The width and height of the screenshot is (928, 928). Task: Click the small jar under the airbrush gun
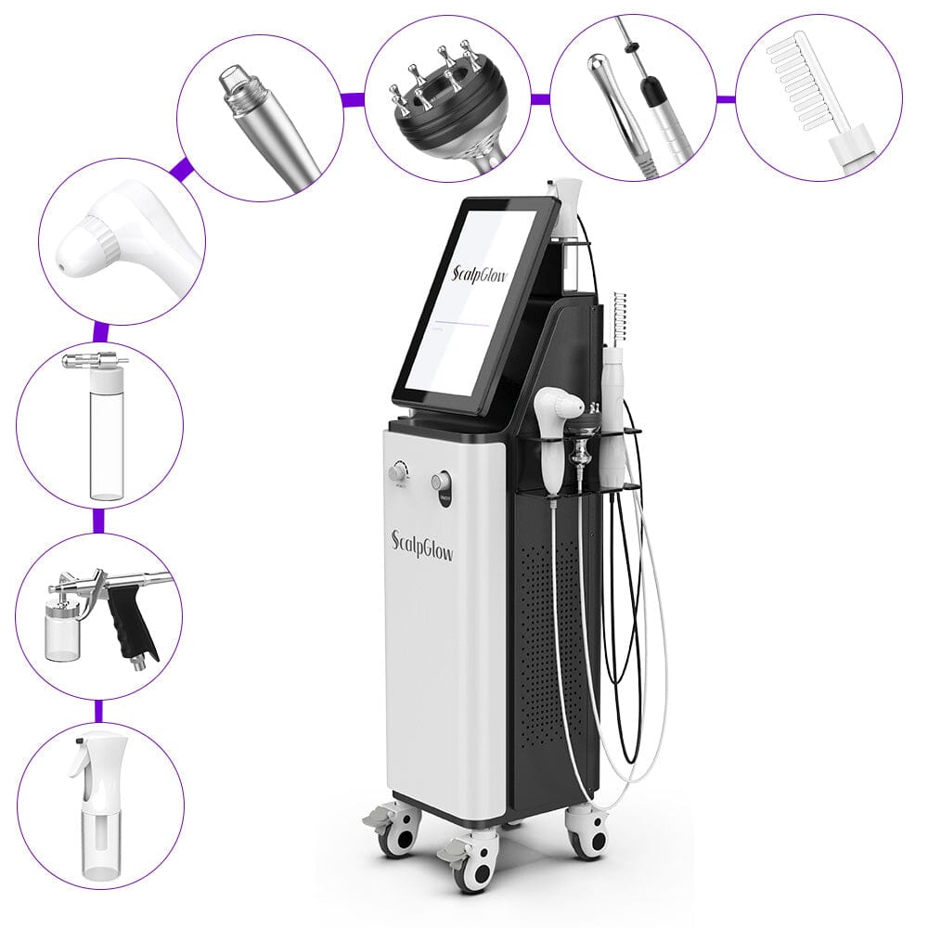click(x=62, y=634)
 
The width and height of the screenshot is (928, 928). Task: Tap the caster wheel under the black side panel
click(x=585, y=831)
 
